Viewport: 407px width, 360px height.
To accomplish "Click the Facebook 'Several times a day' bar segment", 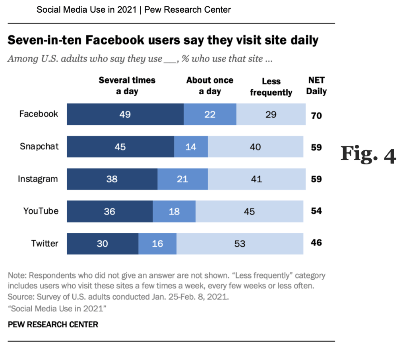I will (x=125, y=115).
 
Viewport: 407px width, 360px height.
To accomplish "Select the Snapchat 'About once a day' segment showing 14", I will (x=191, y=147).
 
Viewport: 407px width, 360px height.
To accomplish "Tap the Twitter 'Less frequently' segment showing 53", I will (x=240, y=243).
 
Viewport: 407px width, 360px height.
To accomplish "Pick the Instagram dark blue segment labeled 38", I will (x=112, y=179).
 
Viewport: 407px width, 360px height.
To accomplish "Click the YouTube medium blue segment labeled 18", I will (x=174, y=211).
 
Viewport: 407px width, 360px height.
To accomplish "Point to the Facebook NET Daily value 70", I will (x=316, y=116).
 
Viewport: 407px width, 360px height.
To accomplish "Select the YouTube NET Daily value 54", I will (x=316, y=211).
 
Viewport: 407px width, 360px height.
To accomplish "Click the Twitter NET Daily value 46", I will (x=316, y=243).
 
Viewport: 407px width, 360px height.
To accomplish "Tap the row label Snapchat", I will (x=39, y=146).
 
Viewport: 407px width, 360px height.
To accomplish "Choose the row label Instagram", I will (x=38, y=179).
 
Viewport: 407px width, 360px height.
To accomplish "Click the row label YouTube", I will (x=41, y=211).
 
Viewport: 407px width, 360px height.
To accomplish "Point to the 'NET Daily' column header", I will (x=316, y=86).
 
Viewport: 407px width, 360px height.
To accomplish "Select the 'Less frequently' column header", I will (x=271, y=87).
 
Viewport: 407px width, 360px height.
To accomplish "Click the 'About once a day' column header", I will (x=209, y=86).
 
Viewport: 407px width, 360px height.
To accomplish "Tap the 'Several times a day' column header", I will (x=127, y=86).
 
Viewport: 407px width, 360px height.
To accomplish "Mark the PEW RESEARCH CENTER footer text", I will (x=53, y=325).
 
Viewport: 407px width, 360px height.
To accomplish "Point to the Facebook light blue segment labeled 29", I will (x=271, y=115).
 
